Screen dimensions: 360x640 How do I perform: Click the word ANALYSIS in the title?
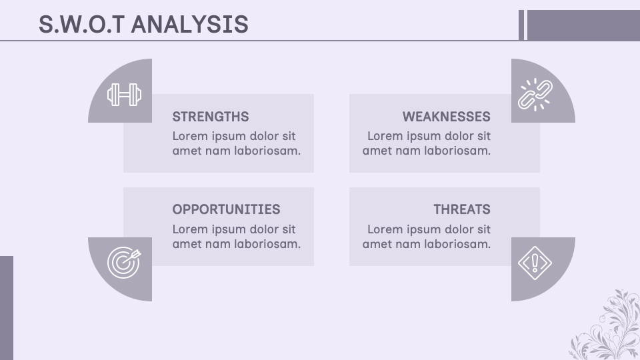(x=190, y=25)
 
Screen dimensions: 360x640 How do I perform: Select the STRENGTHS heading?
(x=211, y=117)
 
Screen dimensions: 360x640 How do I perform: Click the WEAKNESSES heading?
(x=446, y=117)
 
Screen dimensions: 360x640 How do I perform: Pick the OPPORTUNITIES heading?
(x=226, y=209)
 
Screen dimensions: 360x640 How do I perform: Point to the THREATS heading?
(x=461, y=209)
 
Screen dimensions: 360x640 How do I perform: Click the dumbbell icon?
(x=125, y=95)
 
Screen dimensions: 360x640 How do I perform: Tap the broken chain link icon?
(x=535, y=95)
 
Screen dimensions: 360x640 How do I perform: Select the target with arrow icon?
(x=125, y=261)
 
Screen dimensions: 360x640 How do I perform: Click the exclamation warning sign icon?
(x=535, y=262)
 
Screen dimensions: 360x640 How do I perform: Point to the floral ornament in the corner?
(x=607, y=327)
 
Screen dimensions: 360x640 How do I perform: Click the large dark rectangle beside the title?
(x=583, y=25)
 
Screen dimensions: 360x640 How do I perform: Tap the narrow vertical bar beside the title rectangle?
(x=521, y=25)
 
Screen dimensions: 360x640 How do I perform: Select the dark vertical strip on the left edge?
(x=6, y=307)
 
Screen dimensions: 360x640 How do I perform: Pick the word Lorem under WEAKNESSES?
(x=385, y=136)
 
